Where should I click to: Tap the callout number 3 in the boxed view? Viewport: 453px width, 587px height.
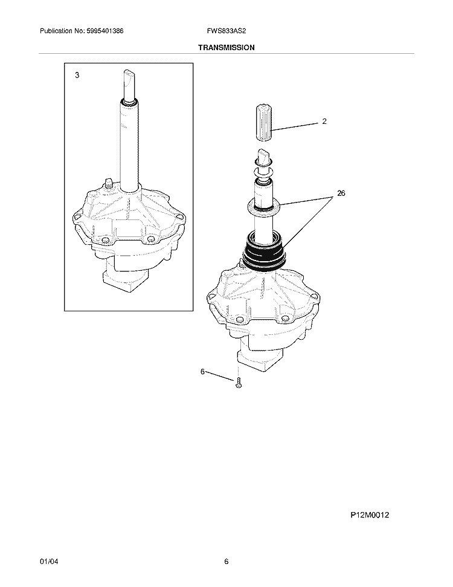pos(77,76)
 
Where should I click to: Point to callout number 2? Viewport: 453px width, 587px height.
pos(324,122)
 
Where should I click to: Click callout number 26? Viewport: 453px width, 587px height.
pos(341,193)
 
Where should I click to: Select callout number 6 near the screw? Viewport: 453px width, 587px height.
pos(203,372)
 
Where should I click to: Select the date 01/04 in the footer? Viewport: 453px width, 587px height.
pos(48,562)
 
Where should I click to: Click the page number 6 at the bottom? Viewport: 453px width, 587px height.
pos(226,562)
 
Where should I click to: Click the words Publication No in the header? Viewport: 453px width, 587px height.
pos(61,30)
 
